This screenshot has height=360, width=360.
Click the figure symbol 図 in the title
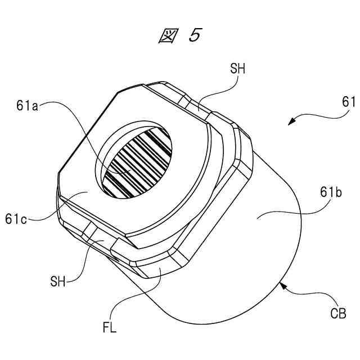click(x=167, y=35)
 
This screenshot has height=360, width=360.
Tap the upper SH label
click(x=237, y=69)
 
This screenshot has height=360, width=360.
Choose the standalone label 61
click(x=349, y=102)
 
